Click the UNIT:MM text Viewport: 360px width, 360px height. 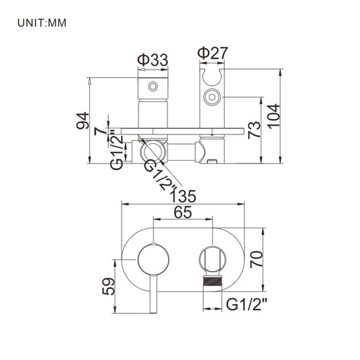[42, 23]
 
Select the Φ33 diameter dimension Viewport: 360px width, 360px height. [153, 59]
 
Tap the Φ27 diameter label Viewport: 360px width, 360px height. [213, 53]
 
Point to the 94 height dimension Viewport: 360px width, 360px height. [82, 120]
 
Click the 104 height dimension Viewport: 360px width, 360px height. [274, 116]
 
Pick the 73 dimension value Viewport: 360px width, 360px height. [255, 130]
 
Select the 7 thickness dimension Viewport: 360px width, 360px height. [100, 131]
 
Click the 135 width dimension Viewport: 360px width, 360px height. [183, 197]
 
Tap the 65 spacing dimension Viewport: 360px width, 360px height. [183, 212]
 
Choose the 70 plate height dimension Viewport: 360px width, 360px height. [256, 259]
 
